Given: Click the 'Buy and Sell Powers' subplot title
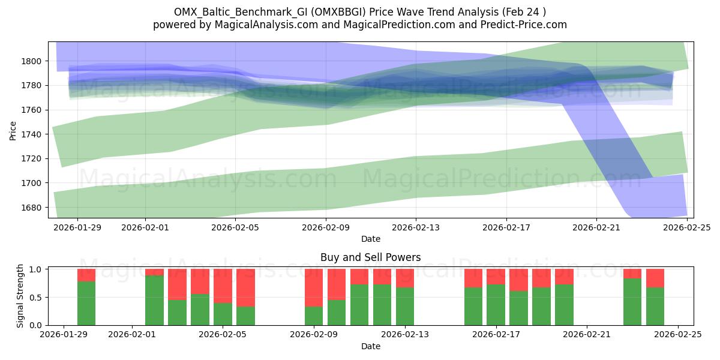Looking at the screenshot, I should tap(370, 257).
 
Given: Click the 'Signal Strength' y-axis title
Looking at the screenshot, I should tap(20, 295).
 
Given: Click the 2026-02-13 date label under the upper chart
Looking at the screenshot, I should tap(415, 228).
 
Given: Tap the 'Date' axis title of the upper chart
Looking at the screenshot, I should tap(370, 239).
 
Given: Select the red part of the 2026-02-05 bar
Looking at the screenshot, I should tap(223, 286).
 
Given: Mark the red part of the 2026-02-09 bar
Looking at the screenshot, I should tap(314, 287).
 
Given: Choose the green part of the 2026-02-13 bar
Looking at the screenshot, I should tap(405, 306).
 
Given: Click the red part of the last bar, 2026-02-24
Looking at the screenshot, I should tap(655, 278).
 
